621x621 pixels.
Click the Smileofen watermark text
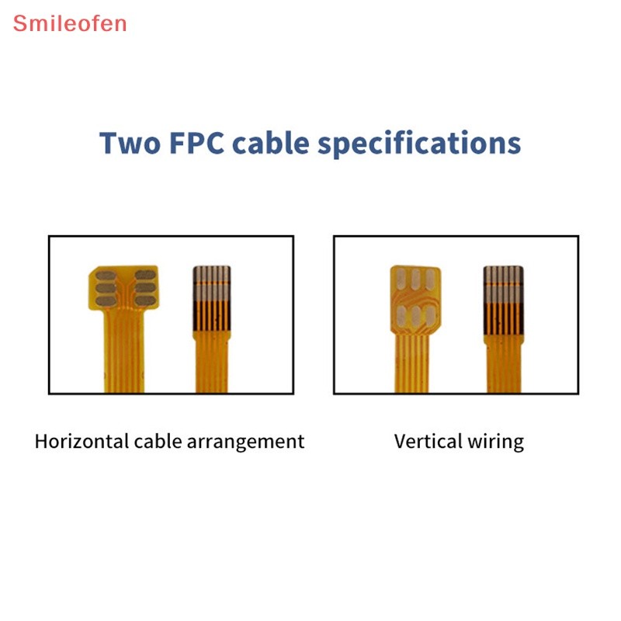click(70, 23)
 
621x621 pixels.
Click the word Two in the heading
click(130, 143)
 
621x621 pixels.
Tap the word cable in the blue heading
click(270, 142)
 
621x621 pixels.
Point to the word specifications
click(419, 144)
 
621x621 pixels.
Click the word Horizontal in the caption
click(82, 441)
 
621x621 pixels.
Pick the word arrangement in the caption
click(245, 442)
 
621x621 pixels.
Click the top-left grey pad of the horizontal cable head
click(106, 276)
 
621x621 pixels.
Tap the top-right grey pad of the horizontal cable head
click(145, 275)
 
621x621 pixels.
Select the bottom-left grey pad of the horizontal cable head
click(106, 301)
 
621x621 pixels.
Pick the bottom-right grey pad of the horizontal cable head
click(145, 301)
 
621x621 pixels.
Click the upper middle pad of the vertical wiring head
click(415, 279)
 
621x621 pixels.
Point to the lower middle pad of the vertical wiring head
click(415, 316)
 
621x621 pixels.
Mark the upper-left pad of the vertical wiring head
click(401, 279)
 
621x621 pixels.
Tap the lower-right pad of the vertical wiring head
click(431, 316)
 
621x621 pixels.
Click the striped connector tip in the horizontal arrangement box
click(212, 299)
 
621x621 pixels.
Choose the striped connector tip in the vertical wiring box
click(503, 300)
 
